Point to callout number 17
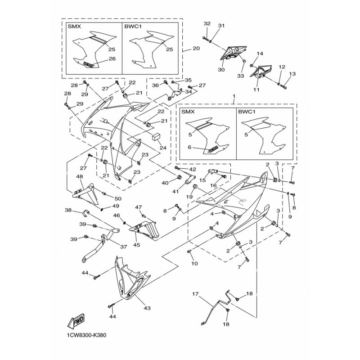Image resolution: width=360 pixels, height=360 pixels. (195, 295)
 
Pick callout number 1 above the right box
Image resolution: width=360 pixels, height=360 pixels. (234, 96)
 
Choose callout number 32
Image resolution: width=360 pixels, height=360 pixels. (207, 23)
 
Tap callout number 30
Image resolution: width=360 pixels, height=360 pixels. (221, 70)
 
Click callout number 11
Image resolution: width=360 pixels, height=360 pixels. (257, 90)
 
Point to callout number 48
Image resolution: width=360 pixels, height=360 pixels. (80, 177)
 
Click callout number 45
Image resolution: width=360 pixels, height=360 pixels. (136, 245)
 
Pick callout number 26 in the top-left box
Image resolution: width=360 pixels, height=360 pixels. (112, 58)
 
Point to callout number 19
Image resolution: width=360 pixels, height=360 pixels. (189, 197)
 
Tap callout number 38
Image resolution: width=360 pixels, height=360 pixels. (68, 210)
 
